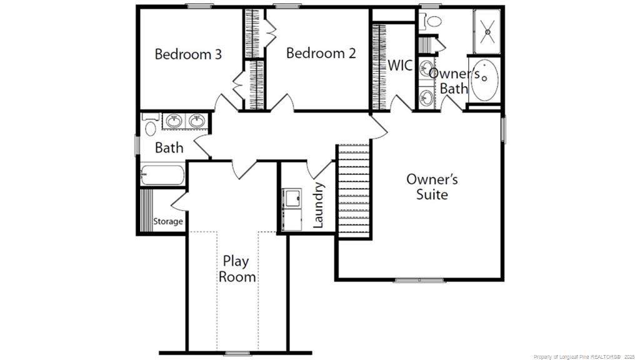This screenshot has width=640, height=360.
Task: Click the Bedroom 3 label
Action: [188, 54]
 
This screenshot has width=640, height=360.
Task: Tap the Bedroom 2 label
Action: [321, 52]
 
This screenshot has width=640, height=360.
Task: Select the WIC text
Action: [400, 65]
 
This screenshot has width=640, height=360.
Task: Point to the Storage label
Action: [167, 222]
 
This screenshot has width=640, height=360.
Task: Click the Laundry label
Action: [318, 205]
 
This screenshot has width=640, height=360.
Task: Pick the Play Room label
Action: [237, 269]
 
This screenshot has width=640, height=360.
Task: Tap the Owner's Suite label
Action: [432, 186]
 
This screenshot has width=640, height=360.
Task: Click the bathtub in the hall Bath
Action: [162, 175]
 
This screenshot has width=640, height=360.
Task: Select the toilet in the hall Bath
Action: [150, 124]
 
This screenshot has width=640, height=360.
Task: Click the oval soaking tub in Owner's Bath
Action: [484, 79]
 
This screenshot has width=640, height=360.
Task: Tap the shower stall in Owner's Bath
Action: [487, 31]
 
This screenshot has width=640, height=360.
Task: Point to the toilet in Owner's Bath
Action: [430, 21]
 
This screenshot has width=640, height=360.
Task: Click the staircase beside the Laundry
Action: [354, 190]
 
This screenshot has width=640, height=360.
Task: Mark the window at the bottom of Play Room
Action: [237, 353]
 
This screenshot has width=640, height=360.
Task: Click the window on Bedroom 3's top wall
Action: [199, 6]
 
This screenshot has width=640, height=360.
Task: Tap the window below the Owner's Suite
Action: [419, 281]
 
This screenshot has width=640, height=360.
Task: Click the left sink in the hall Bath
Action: [174, 121]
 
